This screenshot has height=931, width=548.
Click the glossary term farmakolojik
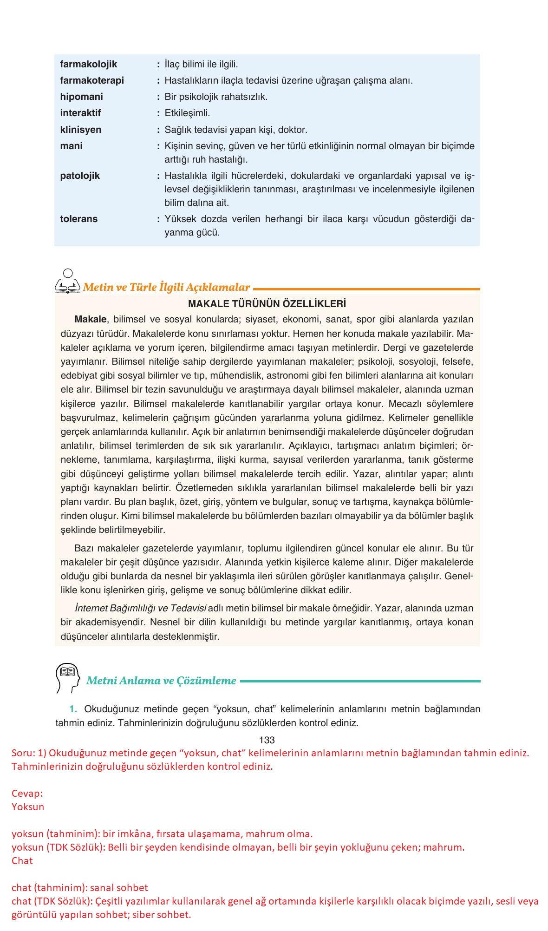tap(88, 64)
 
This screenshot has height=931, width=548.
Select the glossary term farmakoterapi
tap(92, 80)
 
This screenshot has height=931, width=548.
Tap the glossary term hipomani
tap(81, 97)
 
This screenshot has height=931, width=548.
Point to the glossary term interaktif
tap(80, 113)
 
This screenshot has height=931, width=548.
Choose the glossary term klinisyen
tap(80, 130)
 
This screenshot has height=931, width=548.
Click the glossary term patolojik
tap(80, 176)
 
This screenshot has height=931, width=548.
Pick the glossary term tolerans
tap(78, 219)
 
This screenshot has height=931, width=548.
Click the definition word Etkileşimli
tap(187, 113)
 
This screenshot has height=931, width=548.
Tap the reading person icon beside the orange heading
tap(68, 282)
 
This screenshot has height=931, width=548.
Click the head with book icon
tap(67, 677)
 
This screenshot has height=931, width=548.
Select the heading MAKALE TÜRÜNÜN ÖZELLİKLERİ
tap(267, 304)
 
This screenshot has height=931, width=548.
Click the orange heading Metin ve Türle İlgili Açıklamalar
tap(166, 287)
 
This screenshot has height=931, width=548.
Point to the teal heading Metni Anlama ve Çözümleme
tap(161, 681)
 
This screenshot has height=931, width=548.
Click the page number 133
tap(267, 740)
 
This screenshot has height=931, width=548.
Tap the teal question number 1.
tap(73, 709)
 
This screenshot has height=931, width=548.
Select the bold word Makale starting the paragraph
tap(90, 319)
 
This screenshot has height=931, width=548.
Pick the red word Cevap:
tap(27, 793)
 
